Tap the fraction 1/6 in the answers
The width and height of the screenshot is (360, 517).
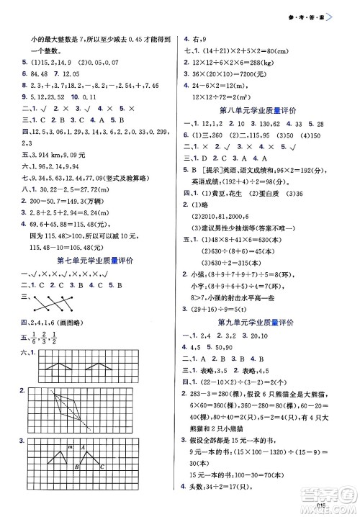35,341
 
